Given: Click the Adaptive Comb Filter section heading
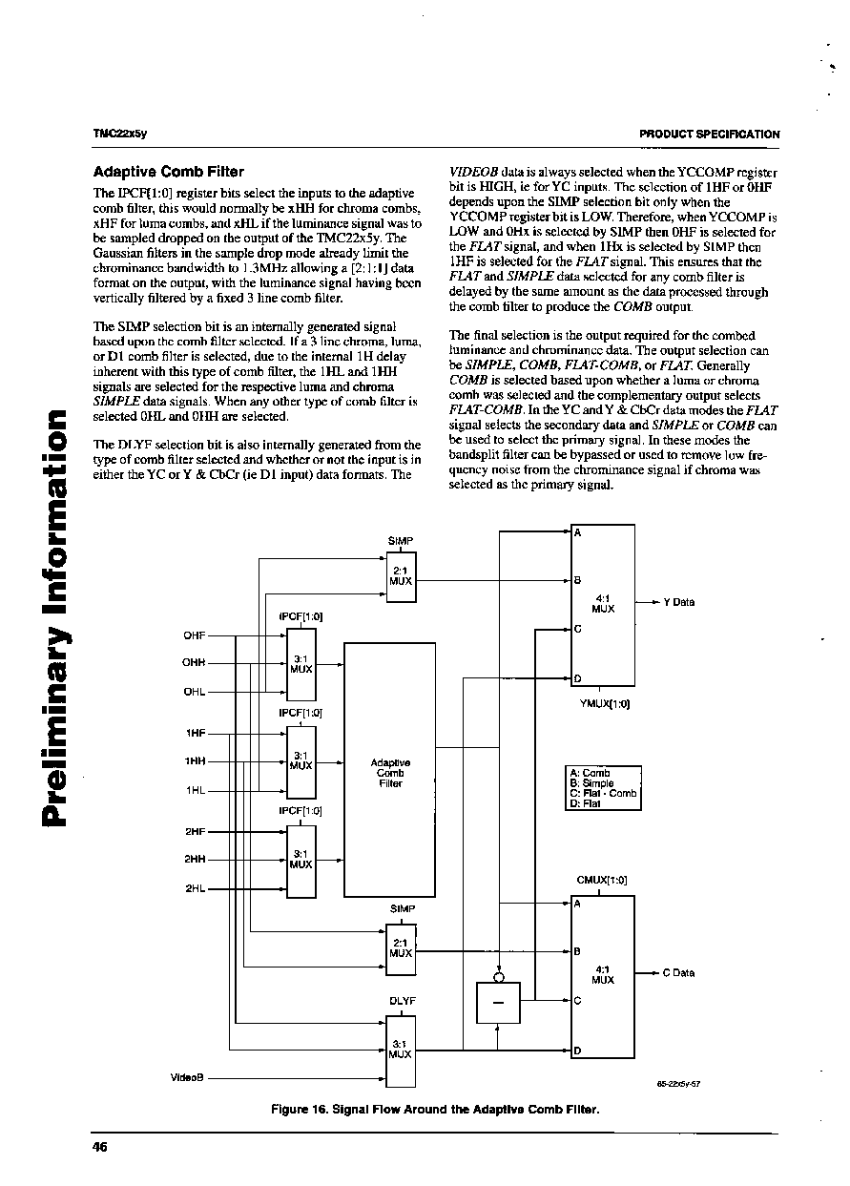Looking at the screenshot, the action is [x=168, y=172].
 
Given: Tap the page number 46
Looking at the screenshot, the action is [x=99, y=1147].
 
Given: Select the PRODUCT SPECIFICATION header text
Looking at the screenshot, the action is [x=709, y=135].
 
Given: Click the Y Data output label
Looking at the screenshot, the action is [x=679, y=602].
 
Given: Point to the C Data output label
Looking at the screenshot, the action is [x=678, y=972].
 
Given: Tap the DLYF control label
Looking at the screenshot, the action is [x=403, y=1001].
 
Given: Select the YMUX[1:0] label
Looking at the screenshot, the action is [x=605, y=703].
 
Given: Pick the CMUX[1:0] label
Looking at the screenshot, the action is [x=602, y=880].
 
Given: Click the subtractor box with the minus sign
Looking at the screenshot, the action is [x=498, y=1003].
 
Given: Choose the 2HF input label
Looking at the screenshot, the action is [x=195, y=831].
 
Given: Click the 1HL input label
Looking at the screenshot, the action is [x=196, y=790].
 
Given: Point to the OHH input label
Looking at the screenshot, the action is [x=194, y=662].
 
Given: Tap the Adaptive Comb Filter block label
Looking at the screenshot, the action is [x=390, y=773].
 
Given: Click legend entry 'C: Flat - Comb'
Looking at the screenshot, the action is [x=603, y=793].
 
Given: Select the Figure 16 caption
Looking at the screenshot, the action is [x=435, y=1110].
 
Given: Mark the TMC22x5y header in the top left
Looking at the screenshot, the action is [x=119, y=134].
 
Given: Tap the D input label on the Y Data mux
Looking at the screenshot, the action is [x=577, y=678].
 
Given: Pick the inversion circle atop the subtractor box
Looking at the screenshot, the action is [x=498, y=977].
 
